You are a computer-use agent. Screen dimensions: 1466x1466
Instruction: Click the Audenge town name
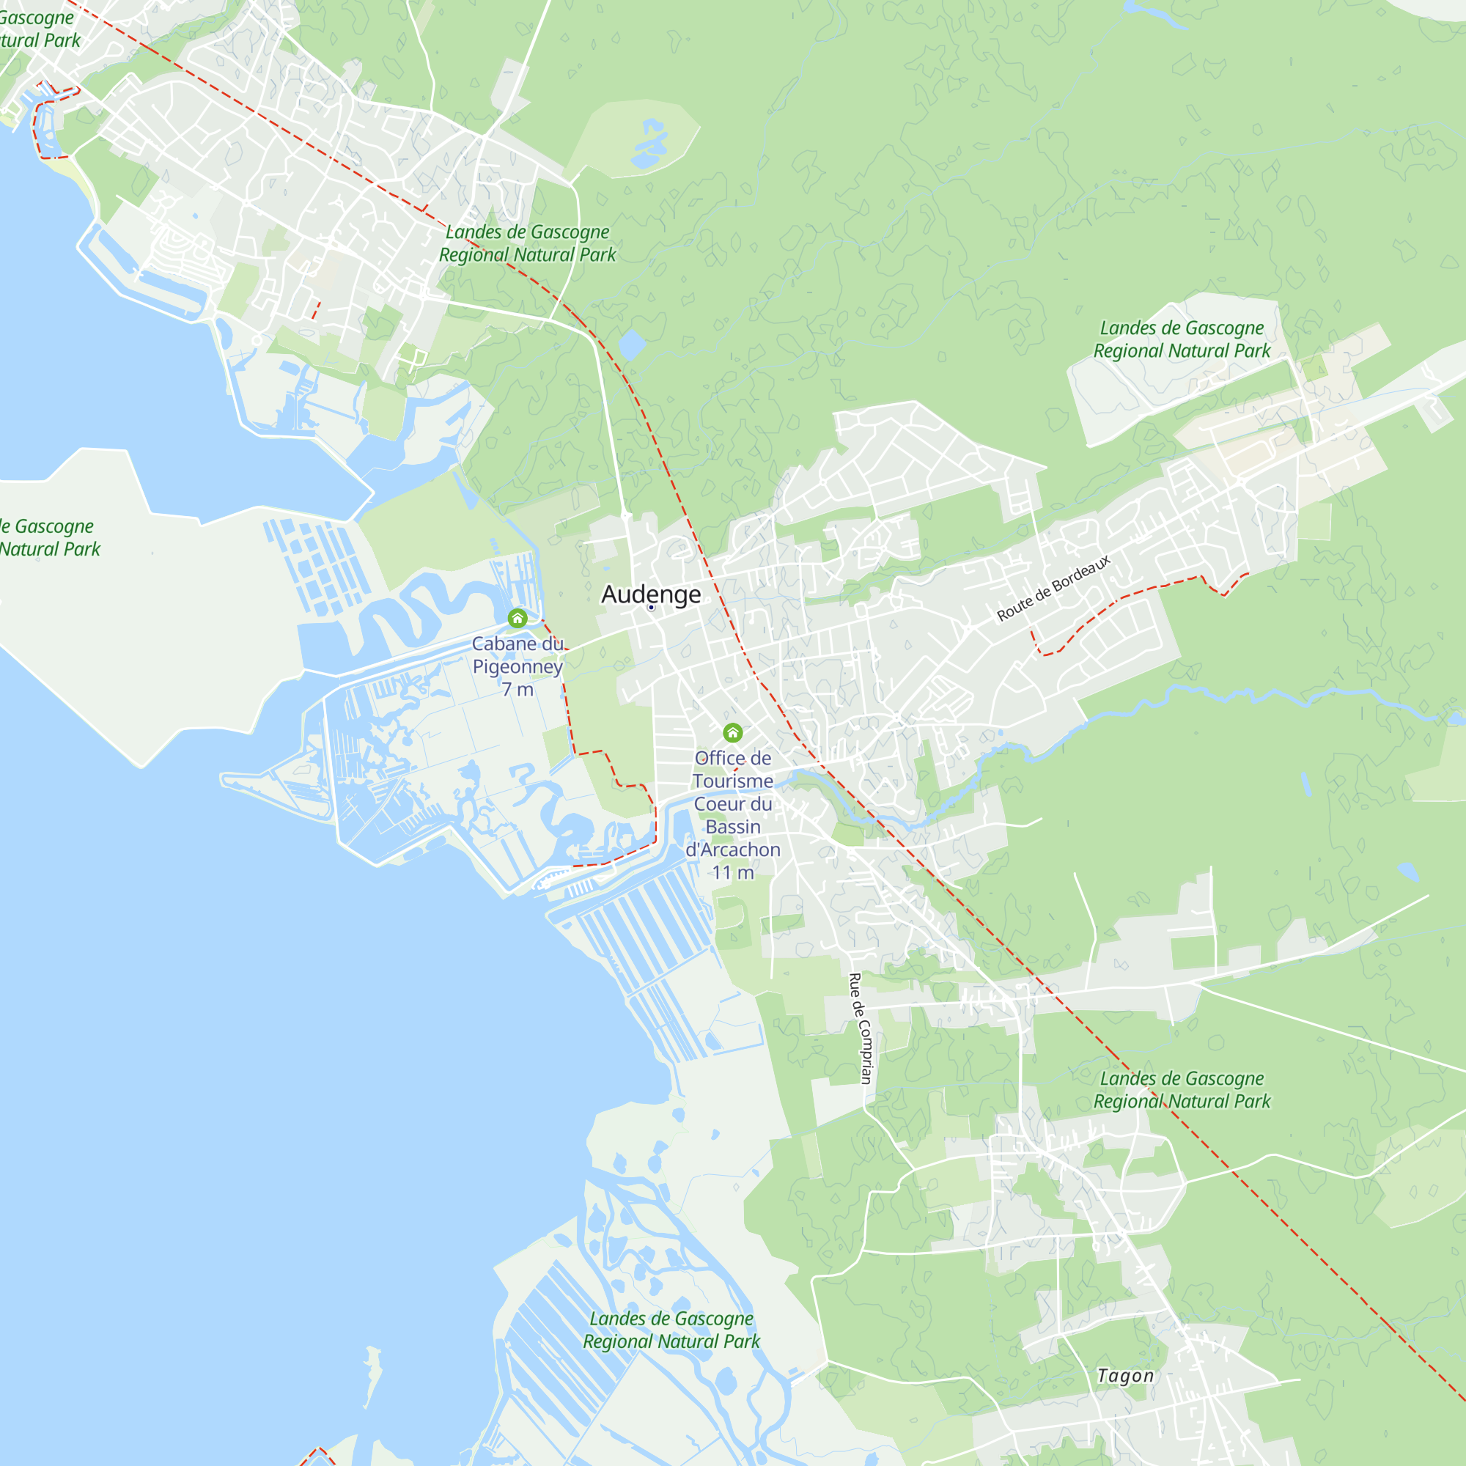pos(650,594)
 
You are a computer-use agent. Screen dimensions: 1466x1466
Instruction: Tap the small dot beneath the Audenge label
pos(651,607)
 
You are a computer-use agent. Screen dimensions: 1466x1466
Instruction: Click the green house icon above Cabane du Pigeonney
pos(517,619)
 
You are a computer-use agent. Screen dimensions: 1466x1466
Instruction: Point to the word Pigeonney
pos(517,666)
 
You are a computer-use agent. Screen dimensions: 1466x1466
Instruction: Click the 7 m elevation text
pos(517,689)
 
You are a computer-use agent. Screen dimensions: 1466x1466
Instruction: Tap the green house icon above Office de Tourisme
pos(732,732)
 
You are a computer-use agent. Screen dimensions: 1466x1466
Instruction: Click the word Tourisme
pos(732,781)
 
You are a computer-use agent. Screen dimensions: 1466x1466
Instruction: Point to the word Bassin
pos(732,826)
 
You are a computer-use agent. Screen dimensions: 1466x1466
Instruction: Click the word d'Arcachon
pos(732,849)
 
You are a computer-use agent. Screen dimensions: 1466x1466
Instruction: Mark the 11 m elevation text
pos(732,872)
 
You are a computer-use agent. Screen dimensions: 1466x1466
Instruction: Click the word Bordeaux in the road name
pos(1082,576)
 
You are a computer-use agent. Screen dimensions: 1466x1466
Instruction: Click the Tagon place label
pos(1125,1376)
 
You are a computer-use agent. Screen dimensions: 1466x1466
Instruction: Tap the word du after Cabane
pos(553,644)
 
